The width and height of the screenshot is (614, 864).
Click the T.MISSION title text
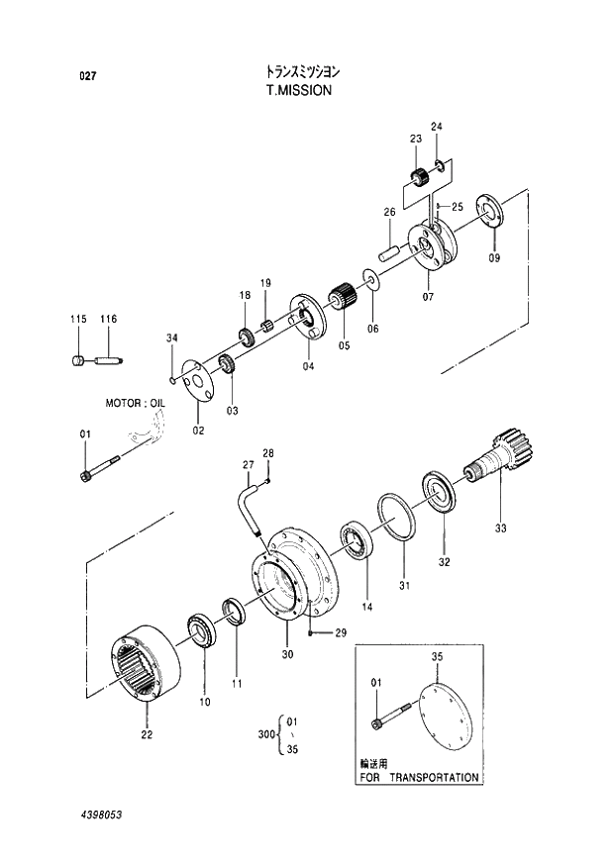point(298,89)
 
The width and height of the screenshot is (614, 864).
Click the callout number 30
point(287,654)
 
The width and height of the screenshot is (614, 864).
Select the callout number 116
point(108,319)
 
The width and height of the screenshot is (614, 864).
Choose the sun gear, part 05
point(343,296)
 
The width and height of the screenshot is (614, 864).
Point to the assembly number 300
point(265,735)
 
